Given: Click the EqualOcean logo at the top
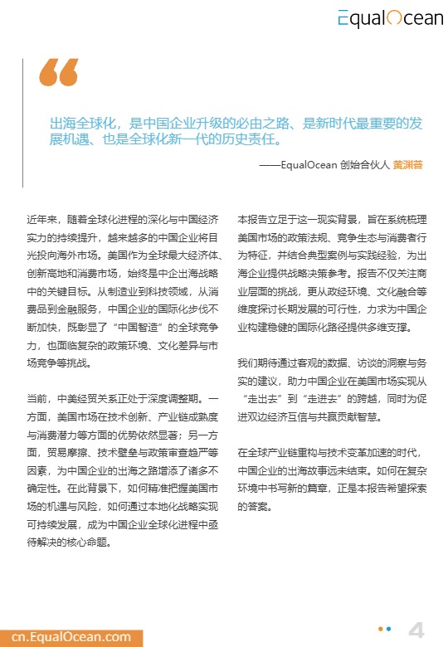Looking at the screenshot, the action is [389, 17].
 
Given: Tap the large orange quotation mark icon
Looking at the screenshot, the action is [59, 74].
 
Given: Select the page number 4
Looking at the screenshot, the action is [416, 630].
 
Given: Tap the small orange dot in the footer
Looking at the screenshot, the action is [380, 630].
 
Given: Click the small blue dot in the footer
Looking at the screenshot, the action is [390, 630].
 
